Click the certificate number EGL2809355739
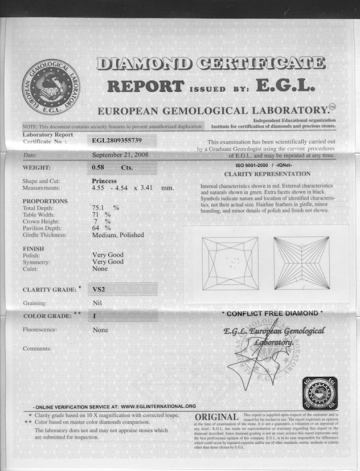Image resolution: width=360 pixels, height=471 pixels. coord(117,139)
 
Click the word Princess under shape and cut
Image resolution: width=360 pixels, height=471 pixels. coord(104,181)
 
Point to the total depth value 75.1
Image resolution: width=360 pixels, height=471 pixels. coord(100,207)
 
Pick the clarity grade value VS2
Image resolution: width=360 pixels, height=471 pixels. coord(100,289)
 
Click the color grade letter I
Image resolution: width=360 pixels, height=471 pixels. coord(95,314)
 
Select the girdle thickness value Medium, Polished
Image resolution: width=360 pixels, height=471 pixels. coord(118,235)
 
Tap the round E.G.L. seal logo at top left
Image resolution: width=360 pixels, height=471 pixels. coord(51,87)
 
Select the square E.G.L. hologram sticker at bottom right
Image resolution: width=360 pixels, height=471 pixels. coord(320,393)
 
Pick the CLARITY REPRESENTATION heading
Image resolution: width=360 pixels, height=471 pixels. coord(267,174)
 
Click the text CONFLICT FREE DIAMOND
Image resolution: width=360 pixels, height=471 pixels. coord(272,313)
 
